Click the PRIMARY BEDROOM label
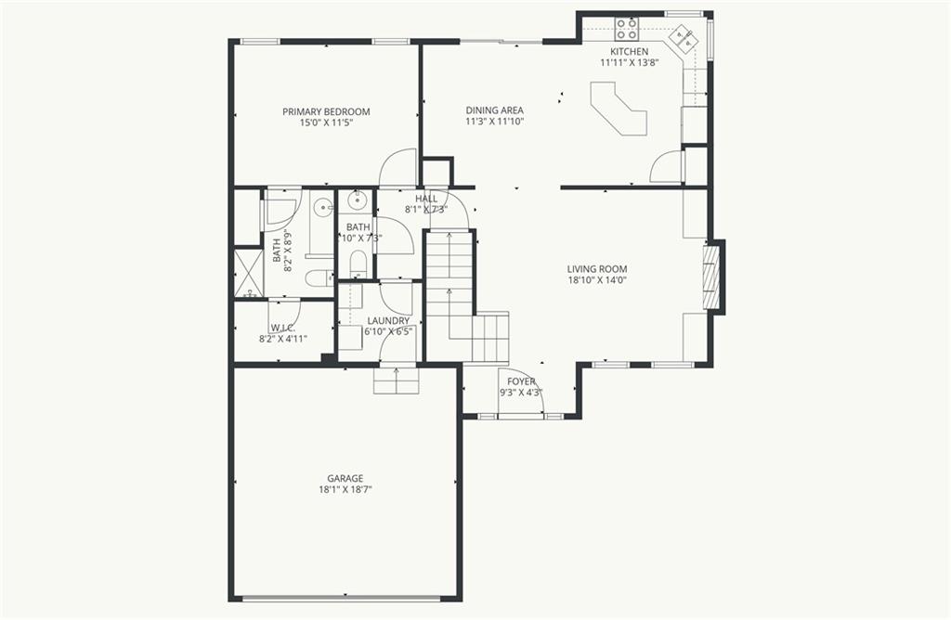click(x=326, y=111)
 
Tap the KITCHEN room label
click(x=629, y=51)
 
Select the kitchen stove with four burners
click(x=627, y=28)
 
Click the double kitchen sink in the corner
click(x=686, y=40)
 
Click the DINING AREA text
click(x=494, y=110)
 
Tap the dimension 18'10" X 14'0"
click(x=597, y=279)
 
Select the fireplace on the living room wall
click(x=712, y=276)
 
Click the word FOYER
click(x=521, y=381)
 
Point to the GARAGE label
click(x=345, y=479)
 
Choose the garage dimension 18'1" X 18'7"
click(x=345, y=490)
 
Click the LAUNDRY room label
click(x=388, y=320)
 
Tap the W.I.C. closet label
click(x=282, y=328)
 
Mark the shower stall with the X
click(x=247, y=272)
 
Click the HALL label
click(x=426, y=199)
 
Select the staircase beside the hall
click(x=449, y=288)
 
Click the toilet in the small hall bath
click(x=358, y=263)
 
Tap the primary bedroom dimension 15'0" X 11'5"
click(x=326, y=123)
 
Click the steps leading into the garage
click(x=397, y=380)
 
